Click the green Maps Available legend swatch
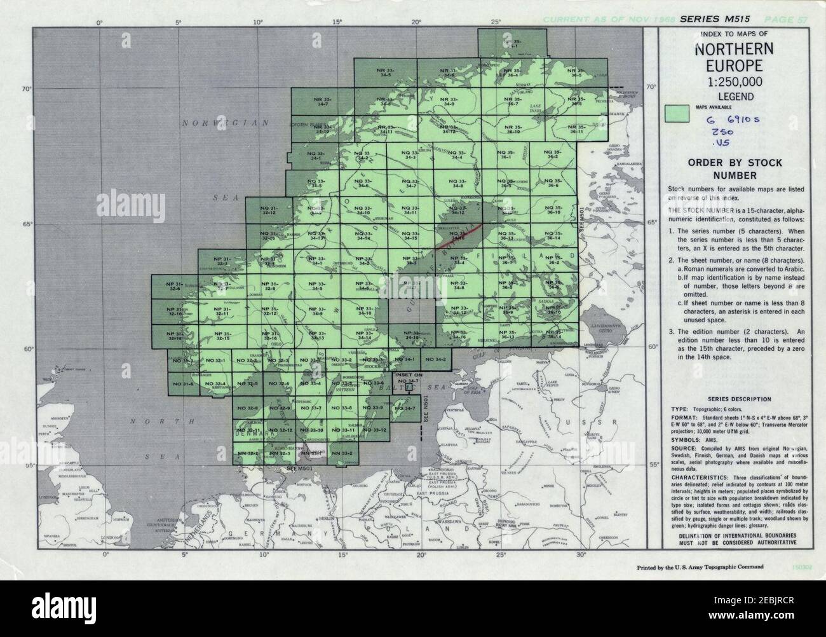(677, 113)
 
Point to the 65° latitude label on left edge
(28, 224)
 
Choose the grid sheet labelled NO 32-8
(247, 407)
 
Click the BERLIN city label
(328, 519)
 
